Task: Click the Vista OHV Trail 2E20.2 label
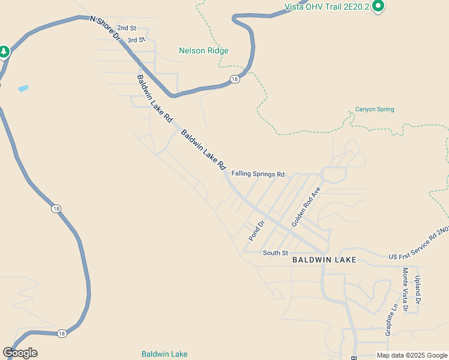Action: coord(327,7)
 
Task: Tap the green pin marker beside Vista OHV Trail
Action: coord(378,7)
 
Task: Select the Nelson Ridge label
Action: coord(203,51)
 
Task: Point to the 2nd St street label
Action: coord(127,28)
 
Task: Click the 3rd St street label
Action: coord(136,40)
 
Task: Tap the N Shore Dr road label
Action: coord(106,29)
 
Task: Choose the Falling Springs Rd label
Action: coord(258,175)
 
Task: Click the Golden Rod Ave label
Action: coord(306,206)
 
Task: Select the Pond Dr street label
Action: coord(256,231)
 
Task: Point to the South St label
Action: coord(276,253)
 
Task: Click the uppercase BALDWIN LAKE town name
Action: coord(324,260)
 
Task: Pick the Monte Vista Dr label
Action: coord(405,289)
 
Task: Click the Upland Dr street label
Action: coord(418,289)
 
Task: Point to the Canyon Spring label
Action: coord(375,109)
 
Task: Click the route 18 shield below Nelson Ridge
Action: coord(234,79)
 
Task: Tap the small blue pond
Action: coord(23,88)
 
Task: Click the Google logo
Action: coord(20,353)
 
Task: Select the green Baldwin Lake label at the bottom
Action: coord(164,354)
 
